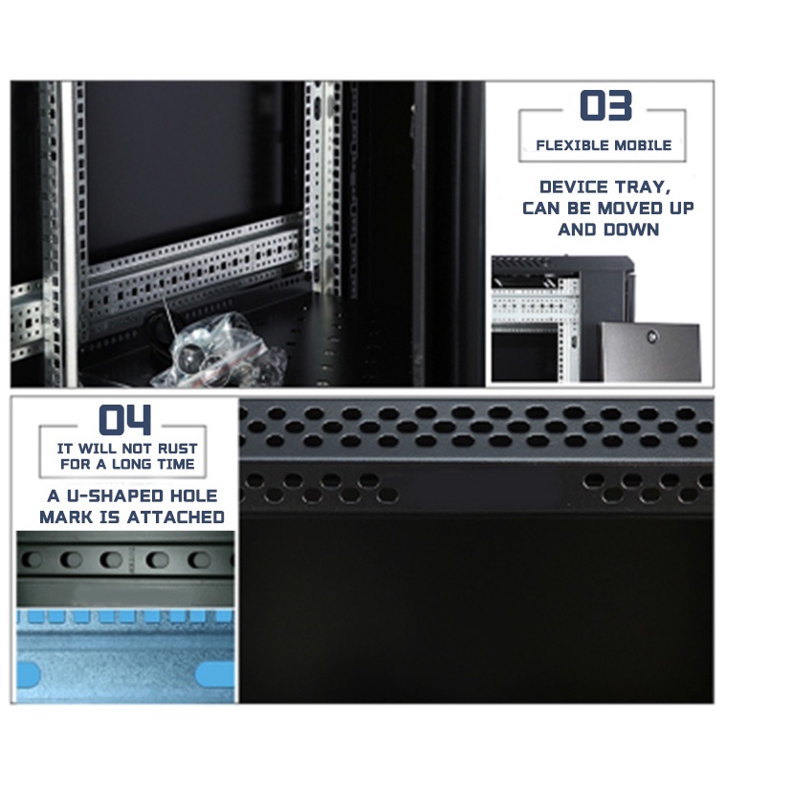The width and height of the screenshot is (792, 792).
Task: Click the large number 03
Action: tap(606, 106)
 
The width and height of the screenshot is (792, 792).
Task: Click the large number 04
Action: tap(125, 420)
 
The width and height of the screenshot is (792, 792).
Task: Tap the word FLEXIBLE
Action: tap(570, 146)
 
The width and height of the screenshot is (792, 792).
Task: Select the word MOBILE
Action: tap(642, 146)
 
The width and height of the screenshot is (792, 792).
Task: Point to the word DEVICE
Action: tap(574, 187)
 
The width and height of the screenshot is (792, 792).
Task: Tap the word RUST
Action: tap(178, 449)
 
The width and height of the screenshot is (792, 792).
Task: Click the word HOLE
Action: tap(195, 496)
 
